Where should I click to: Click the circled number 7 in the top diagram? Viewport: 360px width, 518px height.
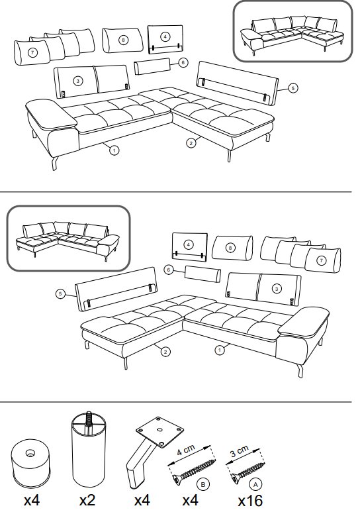(32, 52)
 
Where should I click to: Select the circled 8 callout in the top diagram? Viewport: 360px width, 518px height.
(123, 40)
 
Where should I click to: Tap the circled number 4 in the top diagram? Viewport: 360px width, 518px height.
(165, 36)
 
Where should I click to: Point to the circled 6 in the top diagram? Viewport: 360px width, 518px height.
(183, 62)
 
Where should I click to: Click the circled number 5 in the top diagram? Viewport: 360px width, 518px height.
(292, 88)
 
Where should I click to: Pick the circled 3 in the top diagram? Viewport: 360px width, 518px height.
(77, 81)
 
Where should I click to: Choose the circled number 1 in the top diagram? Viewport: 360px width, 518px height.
(114, 150)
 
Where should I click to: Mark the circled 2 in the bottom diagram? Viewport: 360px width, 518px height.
(165, 352)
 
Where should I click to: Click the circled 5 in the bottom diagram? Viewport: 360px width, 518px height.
(60, 293)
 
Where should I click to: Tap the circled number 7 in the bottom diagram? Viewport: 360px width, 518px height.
(321, 260)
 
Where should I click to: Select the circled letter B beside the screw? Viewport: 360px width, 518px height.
(203, 484)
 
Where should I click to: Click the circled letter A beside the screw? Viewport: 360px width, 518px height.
(255, 484)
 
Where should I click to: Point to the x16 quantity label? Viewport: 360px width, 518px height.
(250, 501)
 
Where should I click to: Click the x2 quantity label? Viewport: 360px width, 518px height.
(87, 500)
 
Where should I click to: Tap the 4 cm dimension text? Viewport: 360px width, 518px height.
(187, 450)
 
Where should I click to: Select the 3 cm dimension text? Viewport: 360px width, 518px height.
(240, 451)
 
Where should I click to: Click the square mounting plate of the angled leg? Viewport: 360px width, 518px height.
(160, 431)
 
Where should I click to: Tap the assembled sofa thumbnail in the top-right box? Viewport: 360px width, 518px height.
(293, 32)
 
